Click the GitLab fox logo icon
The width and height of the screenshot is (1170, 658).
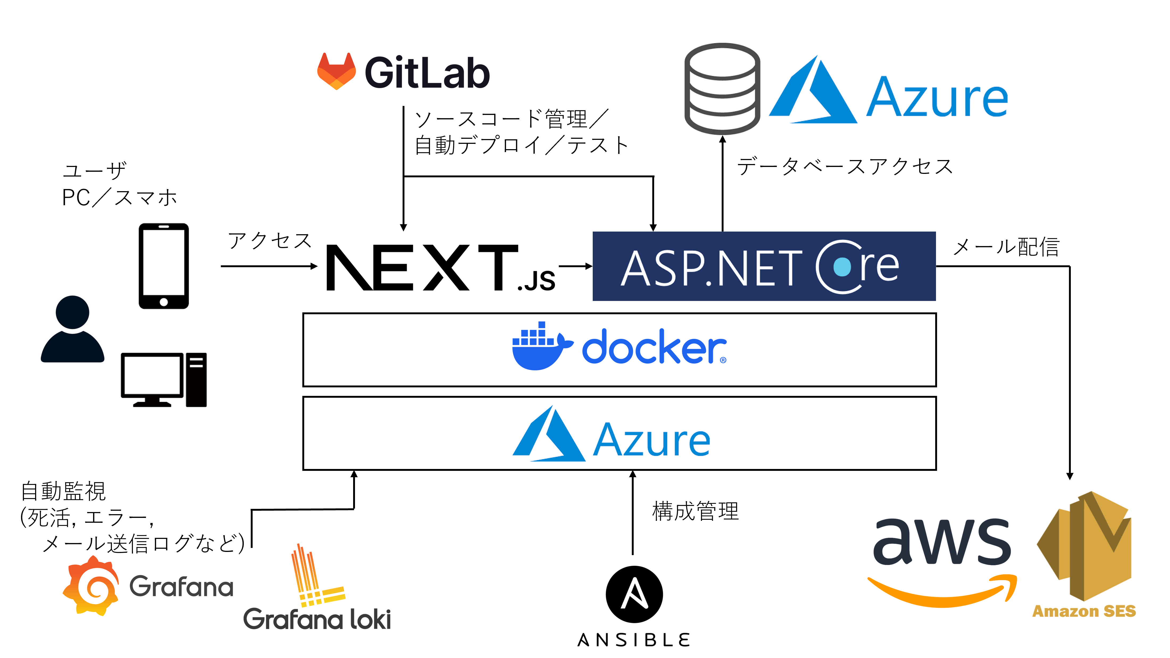tap(336, 72)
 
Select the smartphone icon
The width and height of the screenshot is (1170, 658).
tap(164, 266)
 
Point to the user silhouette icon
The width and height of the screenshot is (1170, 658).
tap(73, 329)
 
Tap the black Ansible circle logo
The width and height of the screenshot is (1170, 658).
tap(634, 594)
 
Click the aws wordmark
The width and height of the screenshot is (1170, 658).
tap(942, 543)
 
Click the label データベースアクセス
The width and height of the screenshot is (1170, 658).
tap(845, 166)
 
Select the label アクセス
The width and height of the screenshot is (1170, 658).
tap(270, 240)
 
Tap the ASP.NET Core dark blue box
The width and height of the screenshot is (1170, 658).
tap(764, 266)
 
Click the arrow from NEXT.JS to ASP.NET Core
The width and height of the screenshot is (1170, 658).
tap(575, 266)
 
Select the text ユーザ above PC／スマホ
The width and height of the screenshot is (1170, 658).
tap(94, 171)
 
